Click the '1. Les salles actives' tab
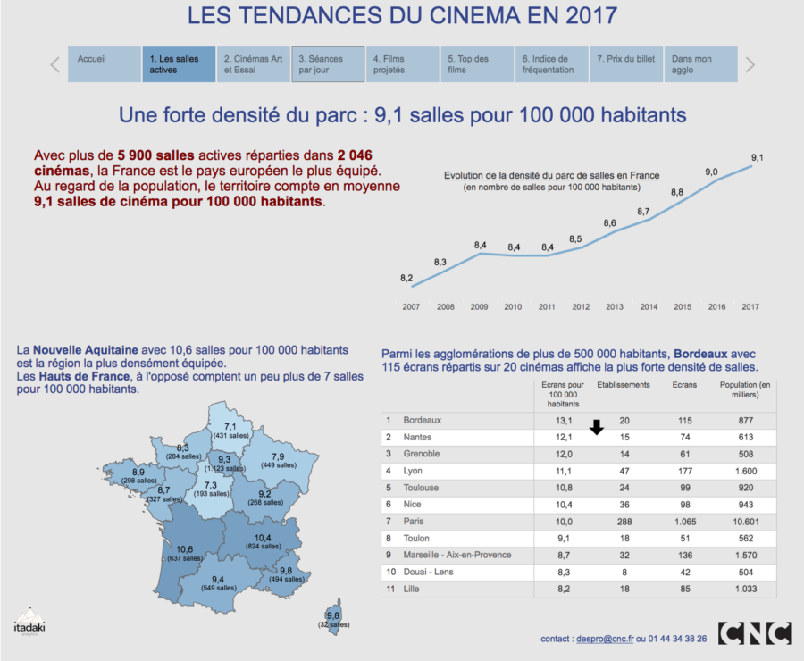179,64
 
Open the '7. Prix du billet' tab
626,64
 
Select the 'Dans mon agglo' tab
700,64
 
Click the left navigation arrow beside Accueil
55,64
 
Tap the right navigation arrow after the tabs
750,64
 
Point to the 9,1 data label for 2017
757,157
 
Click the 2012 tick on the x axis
581,306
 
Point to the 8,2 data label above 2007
406,279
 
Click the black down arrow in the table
597,429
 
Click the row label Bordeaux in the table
423,420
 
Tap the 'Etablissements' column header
623,385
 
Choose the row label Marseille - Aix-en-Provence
457,556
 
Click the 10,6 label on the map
186,549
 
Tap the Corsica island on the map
334,615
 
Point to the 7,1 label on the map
230,426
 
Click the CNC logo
754,633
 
